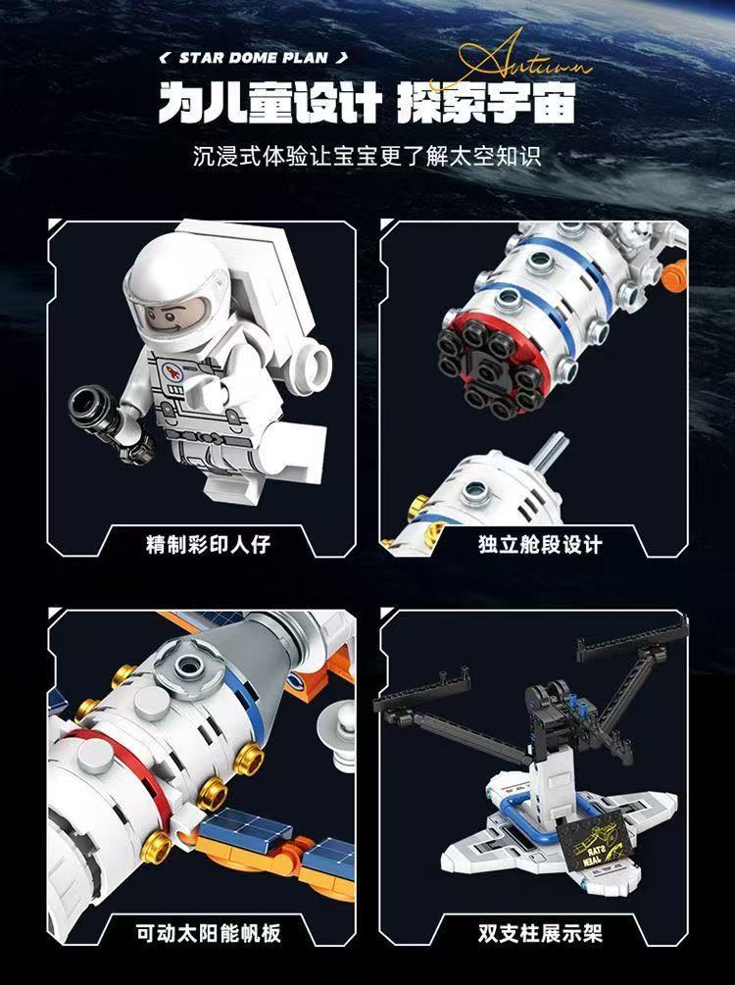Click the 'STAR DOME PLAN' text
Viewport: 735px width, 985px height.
tap(253, 58)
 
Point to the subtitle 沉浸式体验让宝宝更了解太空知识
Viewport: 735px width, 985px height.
tap(367, 156)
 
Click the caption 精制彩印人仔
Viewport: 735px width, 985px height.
tap(208, 543)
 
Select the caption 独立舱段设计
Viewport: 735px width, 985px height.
tap(540, 543)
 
